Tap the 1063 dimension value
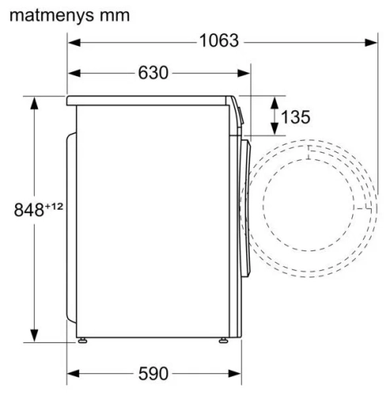218,41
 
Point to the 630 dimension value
153,73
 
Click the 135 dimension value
295,117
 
